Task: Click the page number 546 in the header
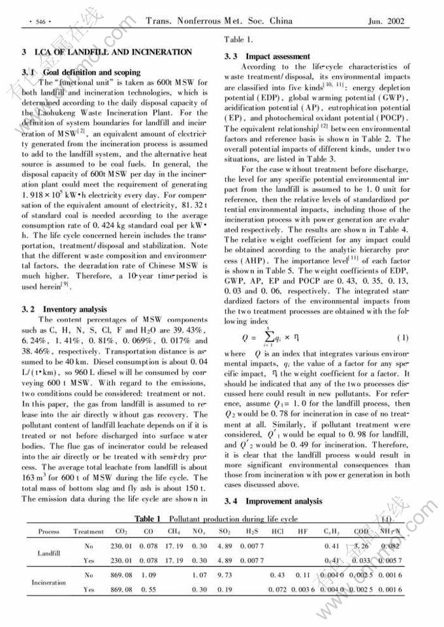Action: click(40, 22)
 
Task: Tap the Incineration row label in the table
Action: click(49, 582)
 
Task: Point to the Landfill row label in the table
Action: click(49, 553)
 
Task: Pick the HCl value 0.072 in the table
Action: click(277, 590)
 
